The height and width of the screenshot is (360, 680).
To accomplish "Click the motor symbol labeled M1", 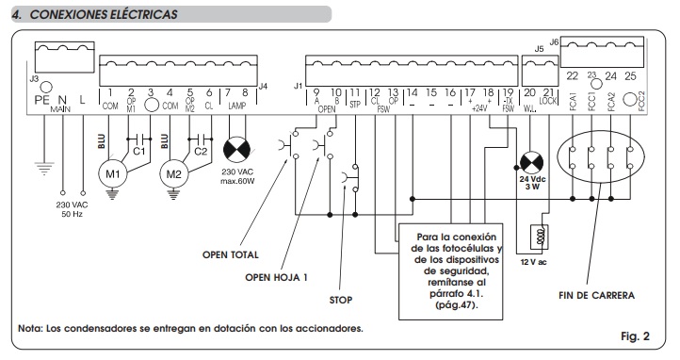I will pyautogui.click(x=113, y=175).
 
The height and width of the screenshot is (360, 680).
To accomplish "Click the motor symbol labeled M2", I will pyautogui.click(x=172, y=175).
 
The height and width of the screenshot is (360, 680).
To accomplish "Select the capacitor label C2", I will pyautogui.click(x=200, y=150).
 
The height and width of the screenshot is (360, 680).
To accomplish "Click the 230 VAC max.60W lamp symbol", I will pyautogui.click(x=234, y=149).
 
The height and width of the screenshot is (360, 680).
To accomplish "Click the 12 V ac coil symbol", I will pyautogui.click(x=539, y=236).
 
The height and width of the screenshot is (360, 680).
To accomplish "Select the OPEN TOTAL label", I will pyautogui.click(x=231, y=254).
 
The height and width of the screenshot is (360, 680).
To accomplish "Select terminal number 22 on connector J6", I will pyautogui.click(x=572, y=75).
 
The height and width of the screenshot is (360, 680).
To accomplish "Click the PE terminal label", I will pyautogui.click(x=40, y=98).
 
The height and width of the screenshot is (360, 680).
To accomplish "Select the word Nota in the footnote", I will pyautogui.click(x=31, y=329).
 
